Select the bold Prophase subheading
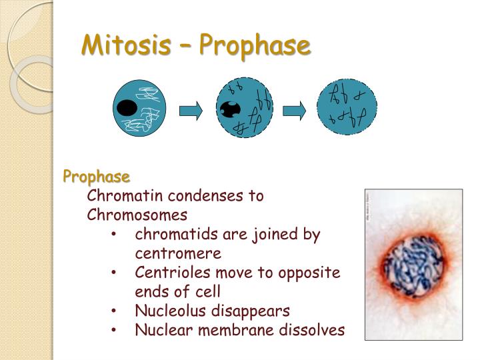pos(97,177)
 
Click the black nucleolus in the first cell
pos(127,108)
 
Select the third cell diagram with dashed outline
pos(347,107)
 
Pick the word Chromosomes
pos(137,215)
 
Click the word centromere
pos(178,253)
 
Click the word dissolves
pos(313,330)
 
